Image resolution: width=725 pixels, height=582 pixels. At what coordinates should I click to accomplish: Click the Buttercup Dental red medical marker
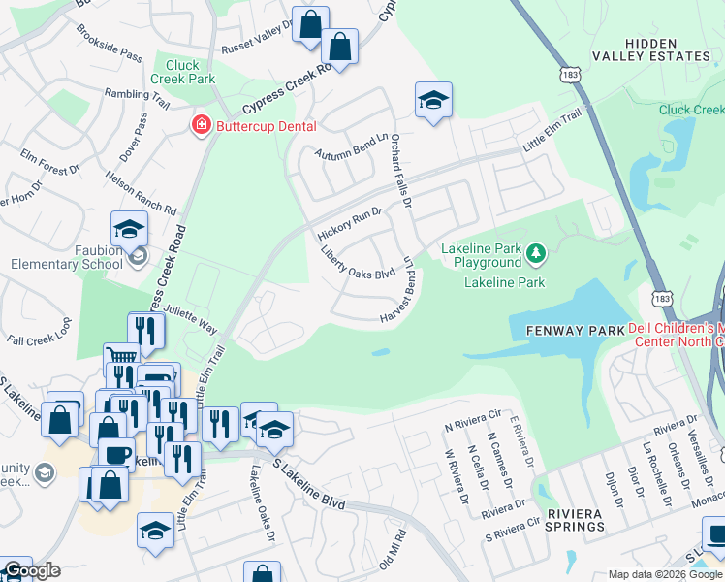click(x=201, y=125)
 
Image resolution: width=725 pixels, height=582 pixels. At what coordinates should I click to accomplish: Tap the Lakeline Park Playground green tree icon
click(x=534, y=255)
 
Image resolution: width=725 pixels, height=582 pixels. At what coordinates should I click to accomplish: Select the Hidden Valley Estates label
click(x=668, y=49)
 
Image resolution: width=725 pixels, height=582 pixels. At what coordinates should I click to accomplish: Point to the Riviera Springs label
click(x=574, y=520)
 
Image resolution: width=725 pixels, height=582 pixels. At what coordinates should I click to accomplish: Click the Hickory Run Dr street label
click(x=350, y=224)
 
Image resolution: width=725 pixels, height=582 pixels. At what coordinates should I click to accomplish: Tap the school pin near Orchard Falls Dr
click(x=433, y=99)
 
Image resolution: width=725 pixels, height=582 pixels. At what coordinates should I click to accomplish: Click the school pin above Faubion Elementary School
click(x=129, y=229)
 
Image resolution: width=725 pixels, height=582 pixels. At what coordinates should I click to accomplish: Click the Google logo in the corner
click(x=32, y=571)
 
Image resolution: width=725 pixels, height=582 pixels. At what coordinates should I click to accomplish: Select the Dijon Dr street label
click(x=613, y=484)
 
